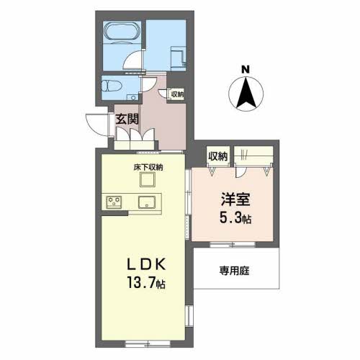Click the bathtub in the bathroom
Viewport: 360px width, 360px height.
122,31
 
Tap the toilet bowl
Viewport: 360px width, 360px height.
109,86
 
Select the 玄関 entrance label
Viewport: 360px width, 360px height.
127,119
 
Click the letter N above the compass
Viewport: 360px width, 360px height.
246,70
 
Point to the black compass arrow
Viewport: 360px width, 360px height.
246,93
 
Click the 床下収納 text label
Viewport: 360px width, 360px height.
148,167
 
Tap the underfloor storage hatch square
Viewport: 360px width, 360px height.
148,179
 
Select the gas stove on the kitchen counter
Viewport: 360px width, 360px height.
114,202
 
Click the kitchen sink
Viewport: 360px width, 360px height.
147,202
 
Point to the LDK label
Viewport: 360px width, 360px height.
146,264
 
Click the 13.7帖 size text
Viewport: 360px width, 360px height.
146,283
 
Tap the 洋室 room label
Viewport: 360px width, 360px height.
235,199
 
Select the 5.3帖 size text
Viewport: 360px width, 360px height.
235,218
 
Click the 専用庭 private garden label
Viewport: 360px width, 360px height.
234,271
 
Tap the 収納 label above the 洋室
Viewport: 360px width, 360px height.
217,156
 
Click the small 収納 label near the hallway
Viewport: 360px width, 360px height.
177,94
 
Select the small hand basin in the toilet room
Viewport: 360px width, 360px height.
132,96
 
